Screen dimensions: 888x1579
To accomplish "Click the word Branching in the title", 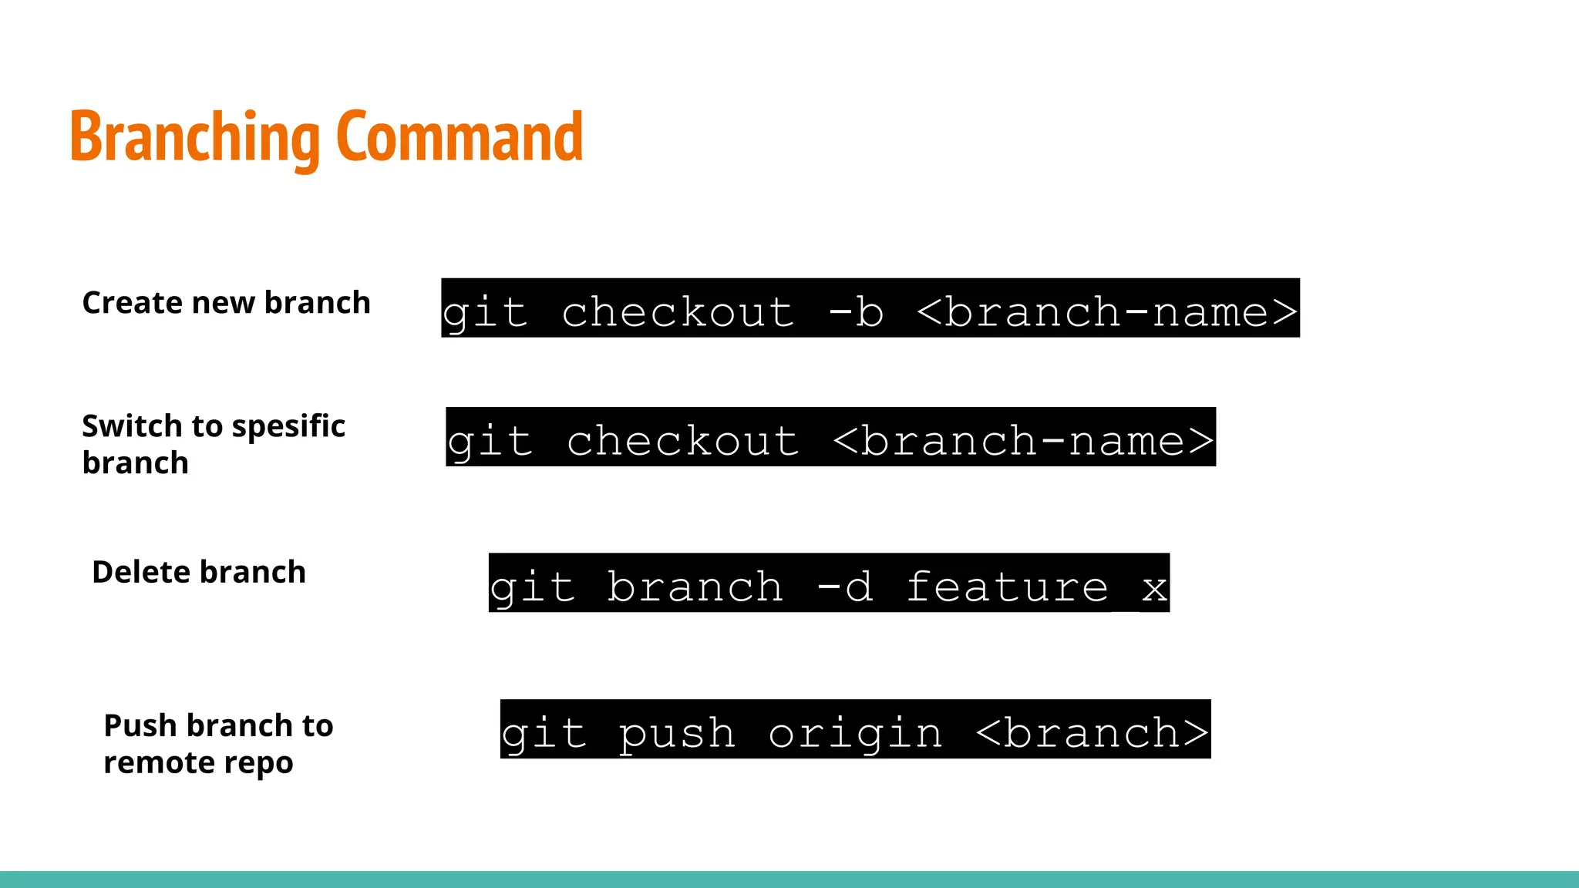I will (194, 137).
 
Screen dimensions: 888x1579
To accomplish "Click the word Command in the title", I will (460, 137).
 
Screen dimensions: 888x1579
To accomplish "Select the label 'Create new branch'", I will (226, 303).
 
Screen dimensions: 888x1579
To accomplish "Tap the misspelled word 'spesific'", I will (288, 426).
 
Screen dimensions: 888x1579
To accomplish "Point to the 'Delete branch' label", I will (199, 572).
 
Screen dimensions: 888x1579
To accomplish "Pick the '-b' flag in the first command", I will (856, 312).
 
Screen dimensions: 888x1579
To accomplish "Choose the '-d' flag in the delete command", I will (844, 587).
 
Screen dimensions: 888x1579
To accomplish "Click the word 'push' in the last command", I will (677, 732).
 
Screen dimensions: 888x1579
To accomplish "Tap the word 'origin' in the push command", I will (855, 732).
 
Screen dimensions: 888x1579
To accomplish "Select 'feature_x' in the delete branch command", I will (1037, 587).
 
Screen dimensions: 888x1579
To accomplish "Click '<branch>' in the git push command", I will (1093, 732).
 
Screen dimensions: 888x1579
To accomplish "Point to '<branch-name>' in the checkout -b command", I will (1107, 312).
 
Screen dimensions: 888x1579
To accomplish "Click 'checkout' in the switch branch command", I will (683, 441).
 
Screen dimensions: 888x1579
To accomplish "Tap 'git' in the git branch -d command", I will (533, 587).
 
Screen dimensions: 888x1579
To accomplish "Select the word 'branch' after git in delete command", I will (695, 587).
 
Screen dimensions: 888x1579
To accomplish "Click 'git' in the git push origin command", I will (544, 732).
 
